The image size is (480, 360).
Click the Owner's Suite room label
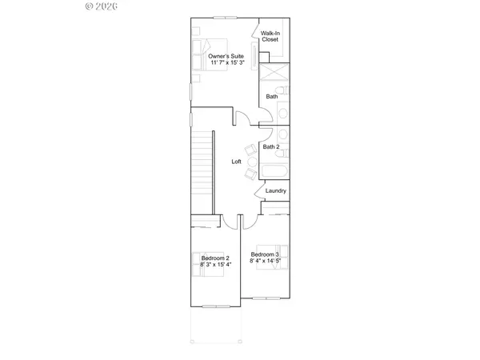[x=226, y=56]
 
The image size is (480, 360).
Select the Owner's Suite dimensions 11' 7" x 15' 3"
[x=226, y=62]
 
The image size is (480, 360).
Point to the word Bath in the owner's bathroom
[x=272, y=97]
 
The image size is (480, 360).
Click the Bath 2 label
[x=271, y=147]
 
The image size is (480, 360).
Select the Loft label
[x=237, y=162]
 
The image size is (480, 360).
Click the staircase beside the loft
[x=204, y=168]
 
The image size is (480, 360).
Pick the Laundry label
[x=276, y=190]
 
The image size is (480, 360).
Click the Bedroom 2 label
[x=215, y=258]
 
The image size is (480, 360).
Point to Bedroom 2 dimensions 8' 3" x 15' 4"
[x=215, y=264]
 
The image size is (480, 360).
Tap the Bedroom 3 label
[x=265, y=254]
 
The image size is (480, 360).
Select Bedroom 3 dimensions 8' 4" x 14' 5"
[x=265, y=261]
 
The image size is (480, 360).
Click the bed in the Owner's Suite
[x=207, y=54]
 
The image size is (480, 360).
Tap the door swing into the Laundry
[x=260, y=191]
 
